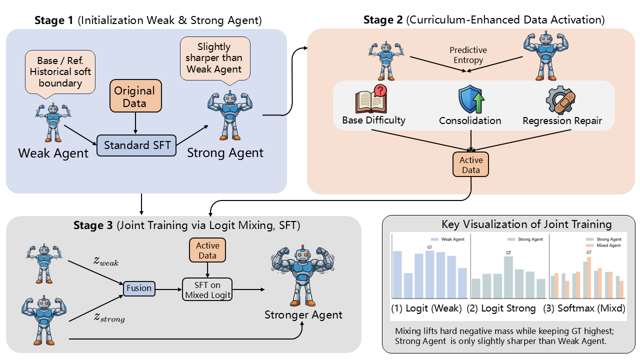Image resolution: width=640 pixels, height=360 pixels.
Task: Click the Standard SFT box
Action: point(136,145)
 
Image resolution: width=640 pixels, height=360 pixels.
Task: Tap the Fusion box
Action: point(138,288)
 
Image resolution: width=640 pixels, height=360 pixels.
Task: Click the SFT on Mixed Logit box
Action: point(207,289)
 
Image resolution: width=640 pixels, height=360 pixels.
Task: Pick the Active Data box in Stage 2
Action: point(471,165)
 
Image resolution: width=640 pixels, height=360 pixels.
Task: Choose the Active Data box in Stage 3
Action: point(207,250)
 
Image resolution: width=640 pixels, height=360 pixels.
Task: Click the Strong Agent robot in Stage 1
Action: point(229,116)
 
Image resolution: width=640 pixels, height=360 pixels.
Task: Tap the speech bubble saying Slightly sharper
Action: point(213,58)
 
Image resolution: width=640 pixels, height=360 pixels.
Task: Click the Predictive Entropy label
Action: point(468,55)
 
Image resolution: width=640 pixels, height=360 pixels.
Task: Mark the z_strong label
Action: point(108,317)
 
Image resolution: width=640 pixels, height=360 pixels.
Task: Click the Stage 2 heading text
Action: point(484,20)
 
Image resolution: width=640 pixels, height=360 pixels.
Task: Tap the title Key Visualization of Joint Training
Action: point(526,224)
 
